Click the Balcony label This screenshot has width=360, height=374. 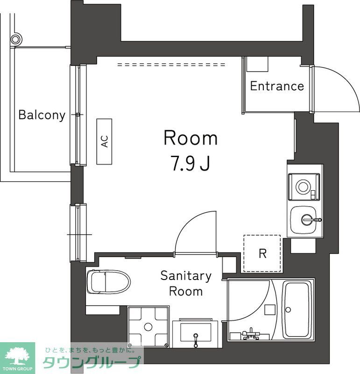[x=42, y=115]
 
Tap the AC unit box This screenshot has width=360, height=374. [x=105, y=141]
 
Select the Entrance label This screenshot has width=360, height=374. [x=277, y=86]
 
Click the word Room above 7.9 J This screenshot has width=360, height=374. [x=190, y=138]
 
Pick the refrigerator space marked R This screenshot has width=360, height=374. [x=262, y=253]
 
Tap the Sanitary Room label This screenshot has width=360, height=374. [x=186, y=283]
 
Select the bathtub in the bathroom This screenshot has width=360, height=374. [x=298, y=309]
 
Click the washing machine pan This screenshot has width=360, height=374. [x=148, y=326]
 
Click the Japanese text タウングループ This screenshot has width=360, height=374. [x=92, y=363]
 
